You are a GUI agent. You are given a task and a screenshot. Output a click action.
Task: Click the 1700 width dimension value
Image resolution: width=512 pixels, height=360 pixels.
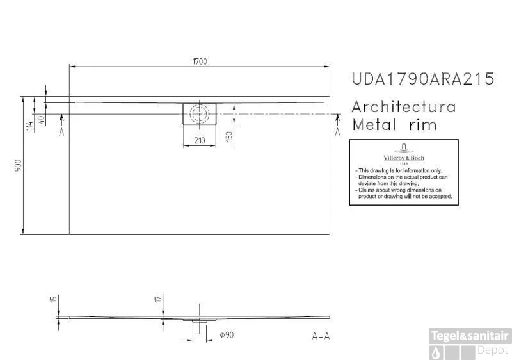tap(200, 61)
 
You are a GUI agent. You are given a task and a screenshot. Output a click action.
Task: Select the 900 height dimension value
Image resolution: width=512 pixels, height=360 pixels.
tap(19, 165)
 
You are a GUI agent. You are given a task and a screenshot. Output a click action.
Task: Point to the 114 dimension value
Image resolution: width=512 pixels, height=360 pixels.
tap(29, 126)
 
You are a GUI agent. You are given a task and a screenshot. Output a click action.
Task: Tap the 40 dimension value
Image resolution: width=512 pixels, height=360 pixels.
tap(41, 119)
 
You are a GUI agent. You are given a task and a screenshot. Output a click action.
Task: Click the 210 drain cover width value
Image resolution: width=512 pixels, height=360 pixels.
tap(200, 140)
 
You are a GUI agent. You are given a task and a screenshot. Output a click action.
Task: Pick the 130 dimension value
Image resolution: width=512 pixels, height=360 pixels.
tap(229, 136)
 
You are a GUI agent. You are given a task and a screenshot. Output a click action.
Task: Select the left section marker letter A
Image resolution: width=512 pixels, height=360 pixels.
tap(61, 132)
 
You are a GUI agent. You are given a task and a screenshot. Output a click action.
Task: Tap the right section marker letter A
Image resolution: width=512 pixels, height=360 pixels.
tap(338, 132)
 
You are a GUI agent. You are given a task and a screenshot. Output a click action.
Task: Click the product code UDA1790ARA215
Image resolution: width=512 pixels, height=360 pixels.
tap(423, 79)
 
